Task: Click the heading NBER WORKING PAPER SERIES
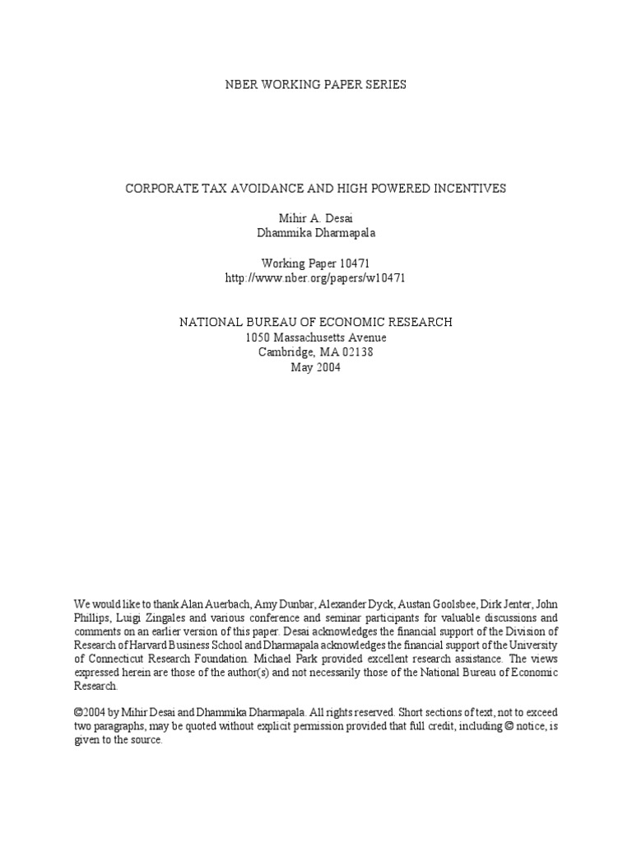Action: [x=316, y=85]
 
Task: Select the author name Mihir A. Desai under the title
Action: [x=316, y=218]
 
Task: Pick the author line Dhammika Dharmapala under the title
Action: [x=316, y=233]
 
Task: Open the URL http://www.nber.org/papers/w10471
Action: [x=316, y=278]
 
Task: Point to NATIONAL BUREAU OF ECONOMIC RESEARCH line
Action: [x=316, y=323]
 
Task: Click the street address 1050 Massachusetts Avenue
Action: [x=316, y=338]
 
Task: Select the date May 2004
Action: [x=316, y=367]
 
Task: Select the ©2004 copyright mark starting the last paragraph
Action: [x=91, y=712]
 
